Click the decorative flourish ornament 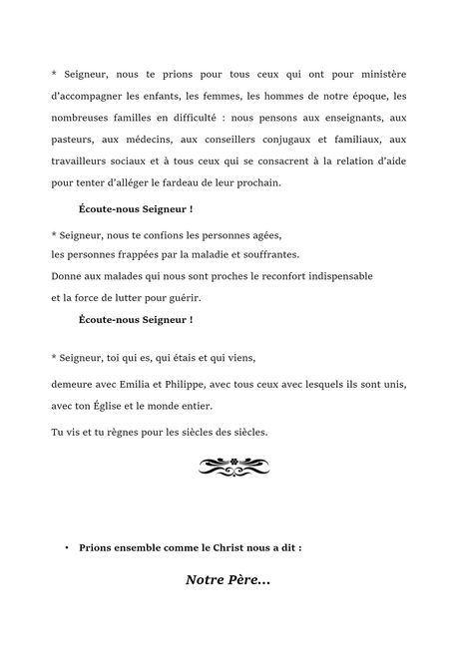pyautogui.click(x=229, y=464)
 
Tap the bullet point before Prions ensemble pyautogui.click(x=66, y=548)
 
